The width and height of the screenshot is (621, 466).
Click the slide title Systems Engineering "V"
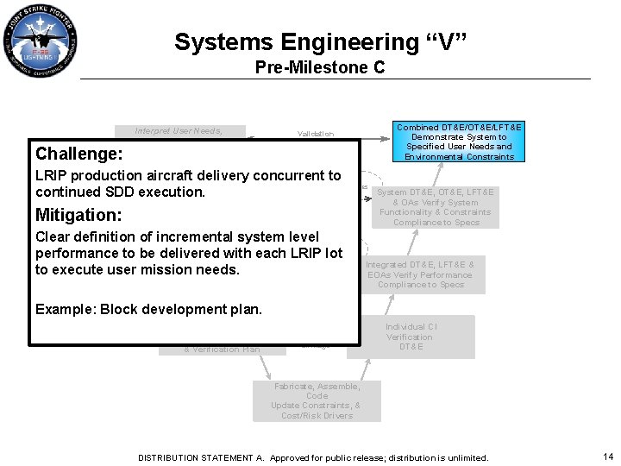(320, 42)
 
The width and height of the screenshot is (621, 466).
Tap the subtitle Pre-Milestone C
(320, 67)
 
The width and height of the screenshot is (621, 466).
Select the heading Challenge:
(79, 154)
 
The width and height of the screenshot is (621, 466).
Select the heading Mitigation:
(78, 215)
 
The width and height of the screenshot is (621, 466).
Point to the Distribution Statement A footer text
(313, 457)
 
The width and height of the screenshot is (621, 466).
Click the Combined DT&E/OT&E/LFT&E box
(459, 142)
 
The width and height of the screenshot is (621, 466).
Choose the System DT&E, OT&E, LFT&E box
(435, 207)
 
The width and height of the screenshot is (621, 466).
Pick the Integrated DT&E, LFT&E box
(420, 274)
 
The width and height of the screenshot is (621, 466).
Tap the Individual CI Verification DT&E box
(411, 337)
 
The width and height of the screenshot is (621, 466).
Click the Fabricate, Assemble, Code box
(316, 400)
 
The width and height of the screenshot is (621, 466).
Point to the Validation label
(315, 134)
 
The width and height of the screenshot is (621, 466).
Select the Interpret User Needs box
(179, 130)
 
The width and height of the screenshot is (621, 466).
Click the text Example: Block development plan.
(148, 310)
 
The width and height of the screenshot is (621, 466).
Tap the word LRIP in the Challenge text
(51, 176)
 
